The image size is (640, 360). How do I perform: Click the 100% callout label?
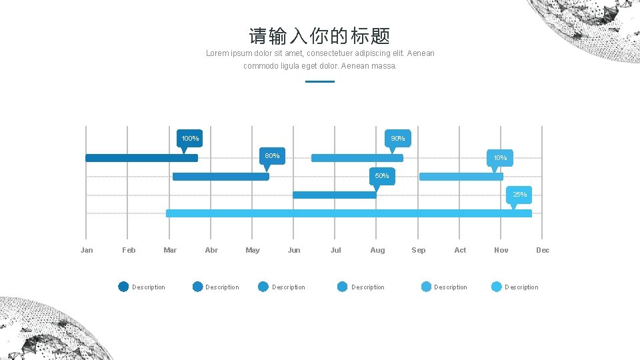pyautogui.click(x=190, y=139)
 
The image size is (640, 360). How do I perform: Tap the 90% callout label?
pyautogui.click(x=398, y=139)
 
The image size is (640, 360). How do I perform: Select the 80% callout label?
pyautogui.click(x=272, y=156)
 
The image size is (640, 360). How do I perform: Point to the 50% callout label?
pyautogui.click(x=382, y=176)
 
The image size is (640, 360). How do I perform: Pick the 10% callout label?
pyautogui.click(x=500, y=158)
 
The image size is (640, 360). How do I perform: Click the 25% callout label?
pyautogui.click(x=519, y=195)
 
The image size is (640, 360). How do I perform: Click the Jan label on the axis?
pyautogui.click(x=87, y=250)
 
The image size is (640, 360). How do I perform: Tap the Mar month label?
pyautogui.click(x=170, y=250)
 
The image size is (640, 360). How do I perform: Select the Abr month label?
pyautogui.click(x=211, y=250)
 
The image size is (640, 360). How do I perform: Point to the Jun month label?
pyautogui.click(x=294, y=250)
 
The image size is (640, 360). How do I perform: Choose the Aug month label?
pyautogui.click(x=377, y=250)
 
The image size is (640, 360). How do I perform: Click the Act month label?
pyautogui.click(x=460, y=250)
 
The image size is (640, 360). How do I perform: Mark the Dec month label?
pyautogui.click(x=543, y=250)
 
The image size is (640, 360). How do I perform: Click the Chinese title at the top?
pyautogui.click(x=319, y=36)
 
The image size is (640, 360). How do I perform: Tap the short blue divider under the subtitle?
pyautogui.click(x=319, y=81)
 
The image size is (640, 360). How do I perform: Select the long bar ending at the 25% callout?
pyautogui.click(x=349, y=213)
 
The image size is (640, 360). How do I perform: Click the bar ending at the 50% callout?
pyautogui.click(x=335, y=195)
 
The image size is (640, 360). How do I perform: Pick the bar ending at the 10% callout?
pyautogui.click(x=461, y=177)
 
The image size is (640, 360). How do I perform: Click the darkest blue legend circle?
pyautogui.click(x=123, y=287)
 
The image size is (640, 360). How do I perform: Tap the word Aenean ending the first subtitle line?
pyautogui.click(x=420, y=53)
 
